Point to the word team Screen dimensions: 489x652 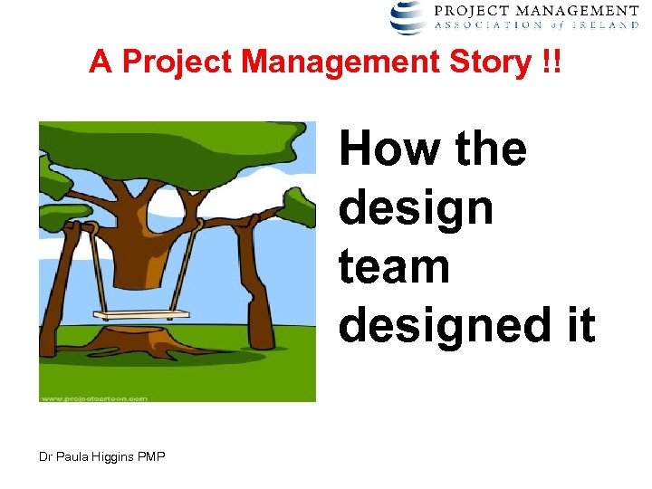pyautogui.click(x=394, y=267)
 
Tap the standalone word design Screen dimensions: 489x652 pyautogui.click(x=416, y=208)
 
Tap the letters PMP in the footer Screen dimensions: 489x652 pyautogui.click(x=152, y=457)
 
